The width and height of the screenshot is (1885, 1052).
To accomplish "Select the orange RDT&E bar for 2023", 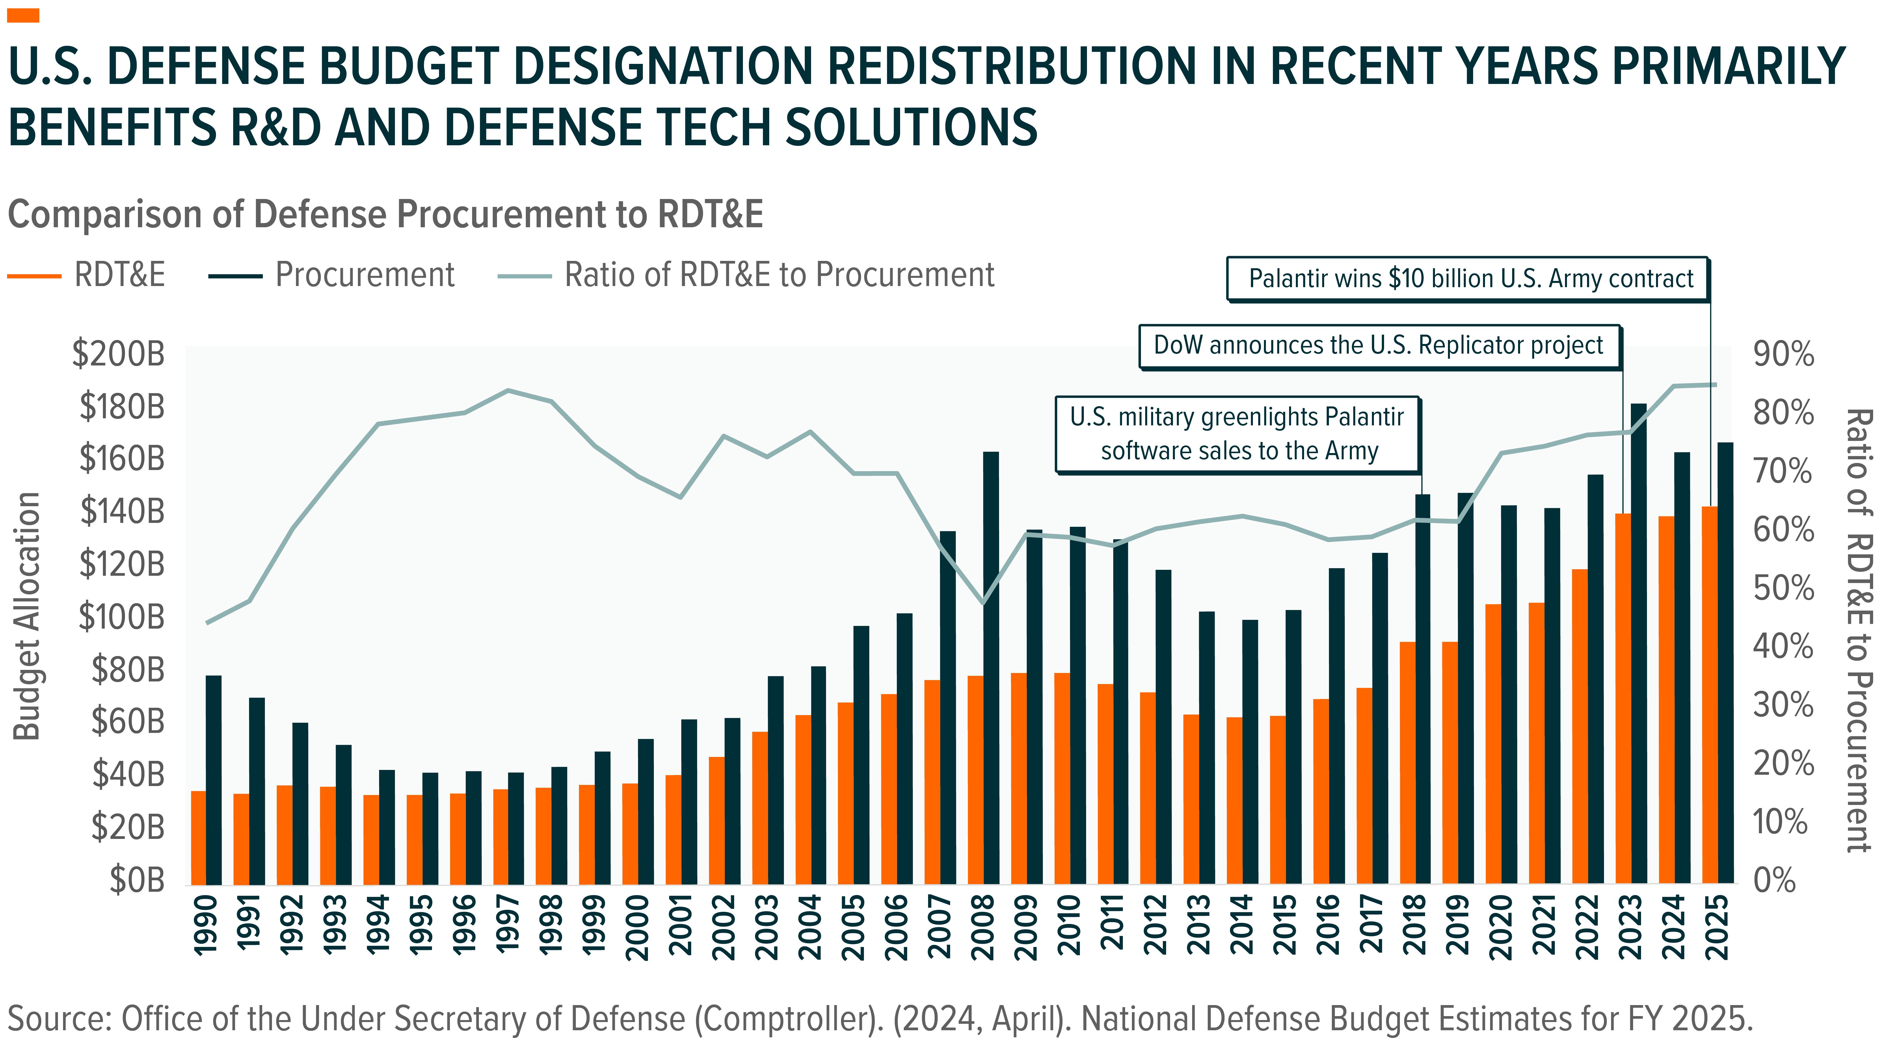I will pyautogui.click(x=1622, y=699).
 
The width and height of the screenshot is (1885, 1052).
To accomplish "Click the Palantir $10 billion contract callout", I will pyautogui.click(x=1467, y=279).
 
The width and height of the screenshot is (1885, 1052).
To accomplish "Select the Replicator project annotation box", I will pyautogui.click(x=1379, y=345).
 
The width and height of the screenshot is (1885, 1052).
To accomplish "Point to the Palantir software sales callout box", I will pyautogui.click(x=1237, y=434).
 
